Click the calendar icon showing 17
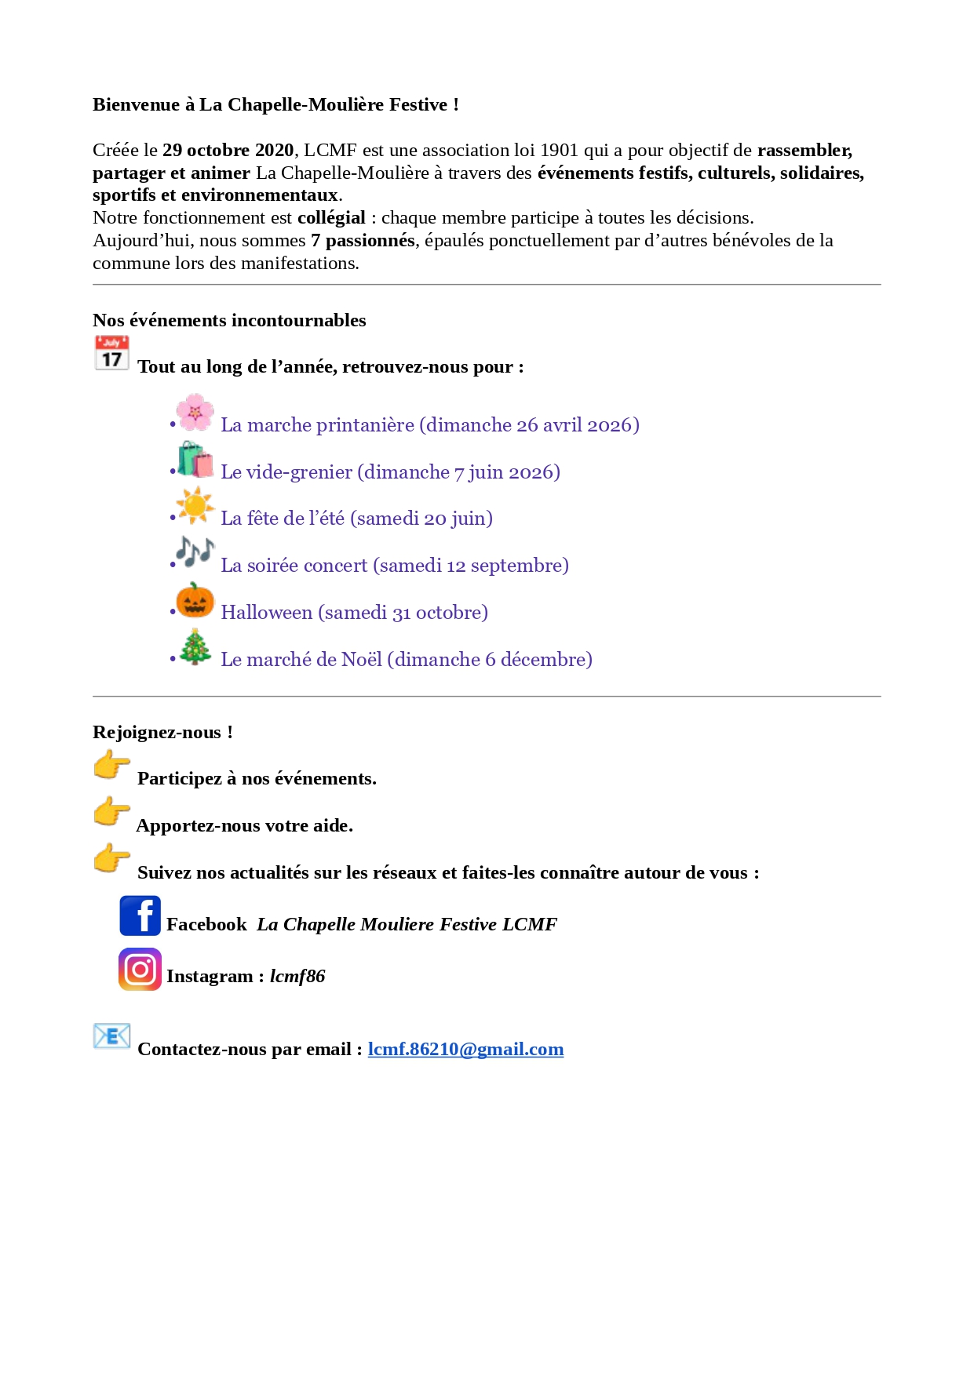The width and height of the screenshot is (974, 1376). [x=111, y=353]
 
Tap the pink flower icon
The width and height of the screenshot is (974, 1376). [x=195, y=413]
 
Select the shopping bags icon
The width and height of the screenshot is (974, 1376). [x=195, y=460]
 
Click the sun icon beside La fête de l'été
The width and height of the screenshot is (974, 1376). [x=195, y=506]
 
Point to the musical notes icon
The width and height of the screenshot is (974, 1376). [x=195, y=552]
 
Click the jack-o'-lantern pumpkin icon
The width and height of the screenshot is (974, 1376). [x=195, y=600]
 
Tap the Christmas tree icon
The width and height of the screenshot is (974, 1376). [x=195, y=647]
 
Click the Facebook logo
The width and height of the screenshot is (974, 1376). [x=140, y=916]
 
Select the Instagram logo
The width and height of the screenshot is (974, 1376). [x=140, y=969]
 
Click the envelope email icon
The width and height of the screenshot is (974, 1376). [x=111, y=1036]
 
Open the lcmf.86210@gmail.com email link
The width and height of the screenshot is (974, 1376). [x=465, y=1050]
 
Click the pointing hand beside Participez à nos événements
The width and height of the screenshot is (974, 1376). [x=111, y=765]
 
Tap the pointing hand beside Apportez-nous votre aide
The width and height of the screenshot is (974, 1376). [x=111, y=812]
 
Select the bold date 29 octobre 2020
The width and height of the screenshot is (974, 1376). [x=228, y=151]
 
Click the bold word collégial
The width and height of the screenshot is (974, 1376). [x=331, y=218]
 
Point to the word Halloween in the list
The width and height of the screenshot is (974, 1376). [x=266, y=613]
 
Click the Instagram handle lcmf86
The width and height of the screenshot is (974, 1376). [x=297, y=977]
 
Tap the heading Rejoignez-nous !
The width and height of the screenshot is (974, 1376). [x=162, y=733]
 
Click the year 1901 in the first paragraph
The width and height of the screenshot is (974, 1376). [x=559, y=151]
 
